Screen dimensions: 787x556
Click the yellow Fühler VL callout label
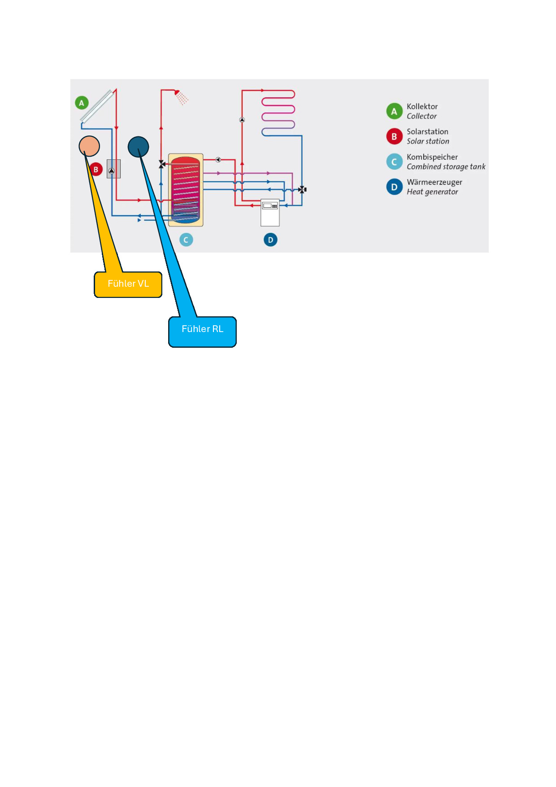128,284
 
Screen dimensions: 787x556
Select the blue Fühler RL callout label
202,332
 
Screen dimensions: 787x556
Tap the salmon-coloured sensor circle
89,146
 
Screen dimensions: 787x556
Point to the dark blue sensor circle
138,147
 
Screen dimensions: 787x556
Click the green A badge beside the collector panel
81,103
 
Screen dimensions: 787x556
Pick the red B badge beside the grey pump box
96,170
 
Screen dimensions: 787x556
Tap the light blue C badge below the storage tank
186,240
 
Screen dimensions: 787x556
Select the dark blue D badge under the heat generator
270,240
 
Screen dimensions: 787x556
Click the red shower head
178,93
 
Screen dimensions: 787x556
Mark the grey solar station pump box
113,169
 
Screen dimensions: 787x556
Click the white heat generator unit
270,212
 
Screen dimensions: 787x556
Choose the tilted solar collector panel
96,106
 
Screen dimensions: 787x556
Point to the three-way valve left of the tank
162,164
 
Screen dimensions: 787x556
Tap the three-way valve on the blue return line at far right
302,189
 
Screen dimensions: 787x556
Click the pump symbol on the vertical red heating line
242,120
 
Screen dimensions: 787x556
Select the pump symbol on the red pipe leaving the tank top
218,160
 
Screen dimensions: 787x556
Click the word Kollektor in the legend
422,106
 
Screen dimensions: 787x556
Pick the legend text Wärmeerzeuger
434,182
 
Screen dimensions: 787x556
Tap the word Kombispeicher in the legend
432,157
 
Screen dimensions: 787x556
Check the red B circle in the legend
394,136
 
